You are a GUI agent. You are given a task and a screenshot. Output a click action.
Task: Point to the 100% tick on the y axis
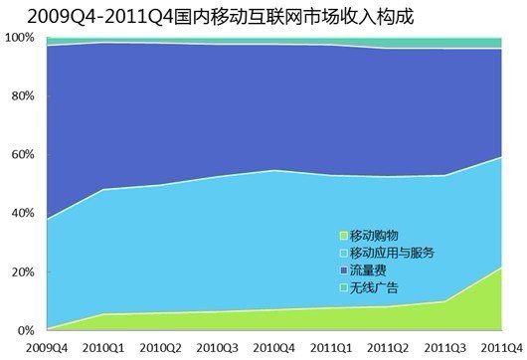[x=19, y=38]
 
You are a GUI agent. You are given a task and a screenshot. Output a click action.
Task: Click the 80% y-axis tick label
[x=21, y=96]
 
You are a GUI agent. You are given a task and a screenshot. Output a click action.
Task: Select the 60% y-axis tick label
[x=21, y=155]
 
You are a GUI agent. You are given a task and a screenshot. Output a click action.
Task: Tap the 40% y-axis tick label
[x=21, y=213]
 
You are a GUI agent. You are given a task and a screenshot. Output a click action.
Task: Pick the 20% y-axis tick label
[x=21, y=271]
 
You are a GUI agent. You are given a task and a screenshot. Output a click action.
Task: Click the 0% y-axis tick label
[x=24, y=330]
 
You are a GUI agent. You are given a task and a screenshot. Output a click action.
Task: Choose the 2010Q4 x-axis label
[x=274, y=347]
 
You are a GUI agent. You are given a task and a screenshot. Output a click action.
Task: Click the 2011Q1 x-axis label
[x=330, y=347]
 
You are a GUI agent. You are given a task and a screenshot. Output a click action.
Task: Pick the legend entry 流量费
[x=368, y=270]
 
